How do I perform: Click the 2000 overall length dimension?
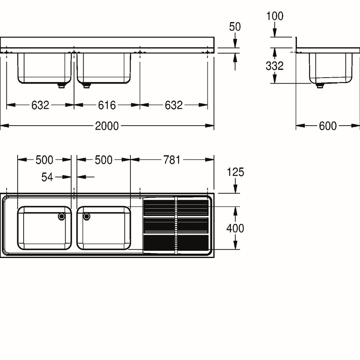click(x=107, y=126)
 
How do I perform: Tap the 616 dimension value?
click(x=107, y=105)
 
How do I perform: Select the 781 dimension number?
click(x=172, y=160)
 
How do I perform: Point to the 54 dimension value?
click(x=47, y=177)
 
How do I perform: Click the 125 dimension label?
click(x=235, y=172)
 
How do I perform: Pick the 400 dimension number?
click(x=235, y=228)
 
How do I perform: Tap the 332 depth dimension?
click(x=274, y=66)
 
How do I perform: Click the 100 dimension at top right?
click(x=274, y=16)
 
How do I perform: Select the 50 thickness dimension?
click(x=235, y=27)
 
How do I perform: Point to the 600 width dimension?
click(x=328, y=126)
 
